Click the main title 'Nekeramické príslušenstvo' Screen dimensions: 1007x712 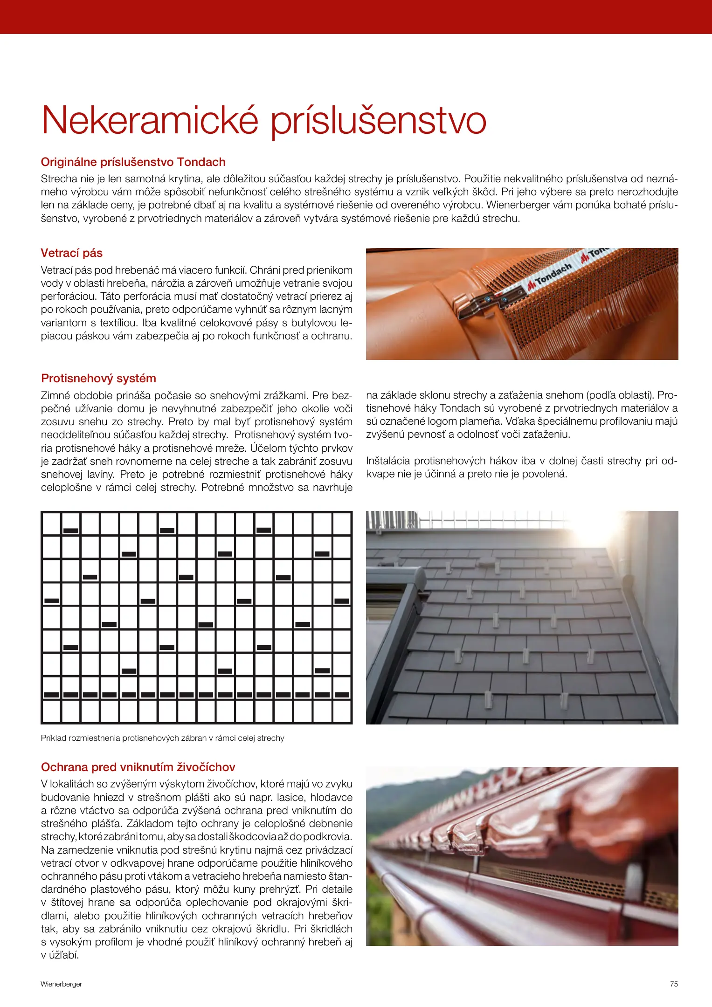click(x=263, y=121)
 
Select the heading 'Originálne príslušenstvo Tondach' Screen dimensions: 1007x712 click(x=133, y=162)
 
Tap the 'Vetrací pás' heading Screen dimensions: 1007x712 click(x=71, y=253)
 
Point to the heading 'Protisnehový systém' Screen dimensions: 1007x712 click(x=98, y=378)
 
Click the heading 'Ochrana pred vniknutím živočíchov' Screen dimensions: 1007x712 click(x=138, y=767)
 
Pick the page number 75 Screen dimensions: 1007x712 click(x=674, y=984)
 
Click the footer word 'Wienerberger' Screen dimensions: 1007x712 click(x=61, y=984)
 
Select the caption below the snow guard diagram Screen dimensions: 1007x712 click(x=162, y=738)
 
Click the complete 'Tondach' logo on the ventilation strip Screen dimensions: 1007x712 click(x=550, y=278)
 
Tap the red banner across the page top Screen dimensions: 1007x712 click(x=356, y=17)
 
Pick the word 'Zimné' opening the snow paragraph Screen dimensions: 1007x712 click(x=55, y=396)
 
